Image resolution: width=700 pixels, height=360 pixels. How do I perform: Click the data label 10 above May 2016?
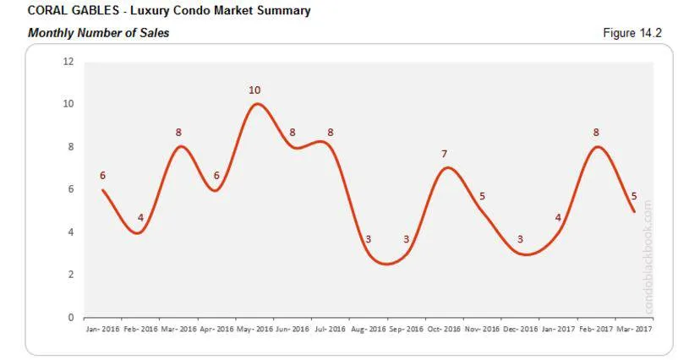pyautogui.click(x=254, y=90)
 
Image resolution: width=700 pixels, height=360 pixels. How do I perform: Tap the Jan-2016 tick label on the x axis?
pyautogui.click(x=102, y=329)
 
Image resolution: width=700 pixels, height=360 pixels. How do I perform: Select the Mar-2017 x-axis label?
pyautogui.click(x=634, y=329)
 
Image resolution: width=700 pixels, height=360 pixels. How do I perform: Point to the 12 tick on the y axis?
pyautogui.click(x=68, y=62)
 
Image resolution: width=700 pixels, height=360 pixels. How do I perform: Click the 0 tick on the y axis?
pyautogui.click(x=70, y=318)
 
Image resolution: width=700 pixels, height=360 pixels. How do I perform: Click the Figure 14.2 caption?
pyautogui.click(x=632, y=33)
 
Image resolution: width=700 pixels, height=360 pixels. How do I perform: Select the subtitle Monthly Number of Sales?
pyautogui.click(x=98, y=33)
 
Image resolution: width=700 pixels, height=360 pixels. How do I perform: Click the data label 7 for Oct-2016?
pyautogui.click(x=444, y=154)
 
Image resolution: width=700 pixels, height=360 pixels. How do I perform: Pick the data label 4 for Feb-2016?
pyautogui.click(x=141, y=218)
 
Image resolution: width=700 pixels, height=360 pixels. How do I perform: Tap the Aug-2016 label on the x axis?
pyautogui.click(x=369, y=329)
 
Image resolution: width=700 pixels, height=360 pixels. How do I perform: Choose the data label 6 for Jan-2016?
pyautogui.click(x=102, y=175)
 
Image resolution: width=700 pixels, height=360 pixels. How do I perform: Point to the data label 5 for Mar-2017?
pyautogui.click(x=634, y=196)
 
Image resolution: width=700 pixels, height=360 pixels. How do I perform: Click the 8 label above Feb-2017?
pyautogui.click(x=597, y=133)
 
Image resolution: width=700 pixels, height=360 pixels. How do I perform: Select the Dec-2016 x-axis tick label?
pyautogui.click(x=521, y=329)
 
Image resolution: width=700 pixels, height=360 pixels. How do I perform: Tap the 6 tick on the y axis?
pyautogui.click(x=70, y=190)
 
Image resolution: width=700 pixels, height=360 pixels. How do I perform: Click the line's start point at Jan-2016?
pyautogui.click(x=102, y=190)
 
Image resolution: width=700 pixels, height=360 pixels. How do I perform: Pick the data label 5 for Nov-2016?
pyautogui.click(x=482, y=196)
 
